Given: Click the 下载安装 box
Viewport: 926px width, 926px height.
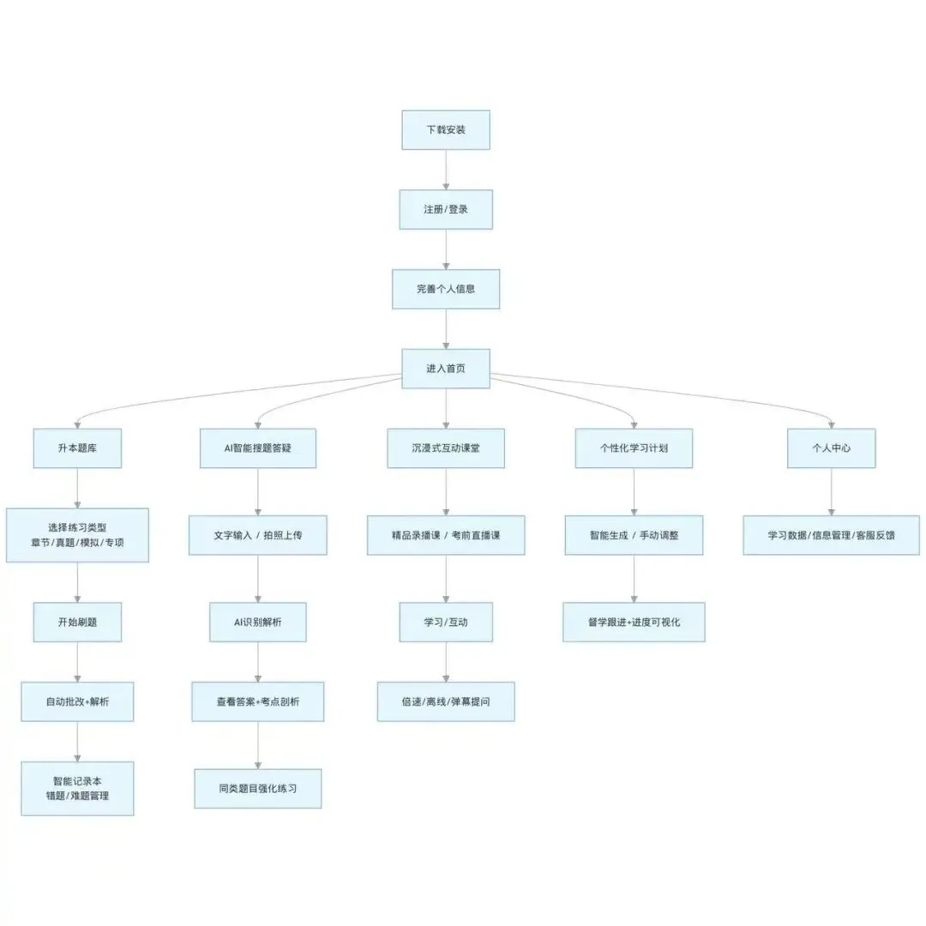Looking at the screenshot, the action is click(x=446, y=130).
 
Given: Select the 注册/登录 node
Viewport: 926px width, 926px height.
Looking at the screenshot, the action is click(x=446, y=209).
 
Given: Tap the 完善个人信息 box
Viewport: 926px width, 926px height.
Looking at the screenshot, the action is click(x=446, y=289).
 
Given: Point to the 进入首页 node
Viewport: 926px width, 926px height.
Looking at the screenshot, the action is click(x=446, y=369).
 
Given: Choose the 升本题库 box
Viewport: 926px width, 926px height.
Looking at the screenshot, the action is click(x=77, y=448).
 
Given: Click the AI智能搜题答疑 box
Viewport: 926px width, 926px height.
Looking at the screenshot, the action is click(x=257, y=448).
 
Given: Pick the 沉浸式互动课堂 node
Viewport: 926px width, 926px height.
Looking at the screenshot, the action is click(x=446, y=448).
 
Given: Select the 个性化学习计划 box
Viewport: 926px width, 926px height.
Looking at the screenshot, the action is click(x=634, y=448).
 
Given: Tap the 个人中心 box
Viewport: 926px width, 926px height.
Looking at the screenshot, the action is click(x=831, y=448).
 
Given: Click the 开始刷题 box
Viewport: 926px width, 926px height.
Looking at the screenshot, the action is click(x=77, y=622).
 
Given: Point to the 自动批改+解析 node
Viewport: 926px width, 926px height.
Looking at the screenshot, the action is click(x=77, y=701).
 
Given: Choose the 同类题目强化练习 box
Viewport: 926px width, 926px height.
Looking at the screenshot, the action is click(x=257, y=787).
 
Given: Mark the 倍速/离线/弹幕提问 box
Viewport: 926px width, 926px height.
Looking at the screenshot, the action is click(x=446, y=701).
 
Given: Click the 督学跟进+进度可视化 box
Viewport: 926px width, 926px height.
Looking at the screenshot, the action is click(x=634, y=622).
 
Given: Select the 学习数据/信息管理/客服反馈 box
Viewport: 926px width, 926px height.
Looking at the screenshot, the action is click(x=831, y=535).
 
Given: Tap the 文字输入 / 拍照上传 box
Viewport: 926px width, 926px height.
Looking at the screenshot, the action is click(x=257, y=535).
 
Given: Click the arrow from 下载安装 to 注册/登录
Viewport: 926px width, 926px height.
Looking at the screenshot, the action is click(x=446, y=170).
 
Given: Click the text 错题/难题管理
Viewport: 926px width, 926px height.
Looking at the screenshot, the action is click(x=77, y=797).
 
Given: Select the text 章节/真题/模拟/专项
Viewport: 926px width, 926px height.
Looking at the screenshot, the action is click(x=77, y=544).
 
